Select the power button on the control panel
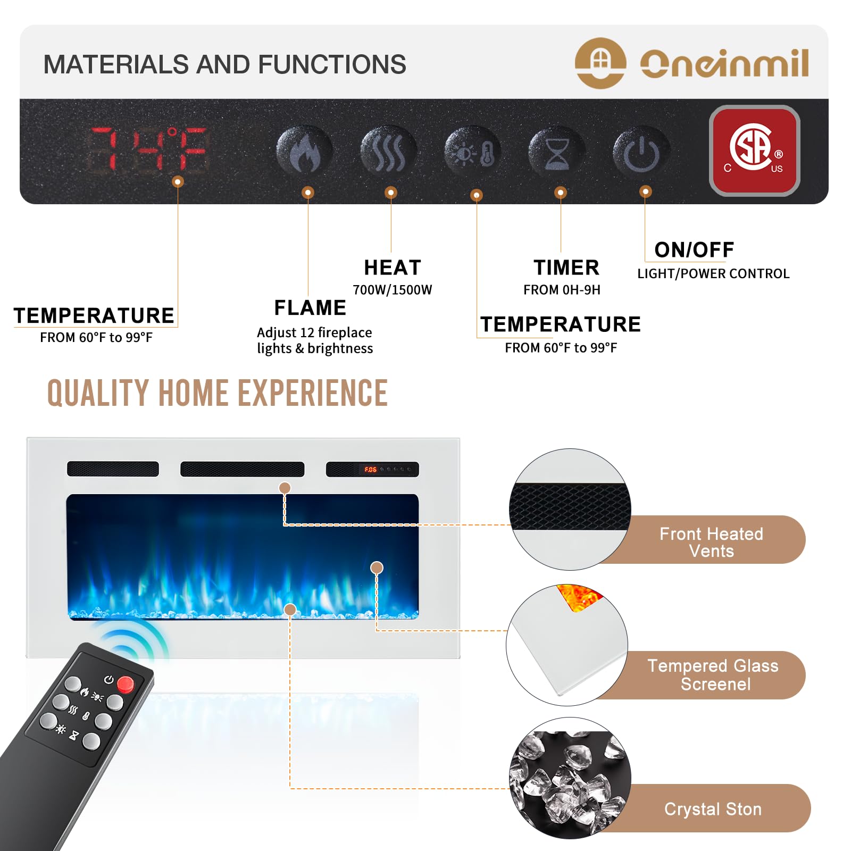[x=641, y=152]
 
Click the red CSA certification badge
[x=754, y=151]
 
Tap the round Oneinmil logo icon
[x=600, y=63]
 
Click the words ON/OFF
[x=694, y=249]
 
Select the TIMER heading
[x=566, y=268]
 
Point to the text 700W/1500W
[x=393, y=290]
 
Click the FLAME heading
[x=310, y=307]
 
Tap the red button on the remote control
[x=126, y=684]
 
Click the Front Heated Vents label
[x=712, y=542]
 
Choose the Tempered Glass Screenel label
[x=713, y=674]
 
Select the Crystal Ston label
[x=713, y=809]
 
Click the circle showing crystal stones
[x=570, y=778]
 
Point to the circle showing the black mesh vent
[x=570, y=509]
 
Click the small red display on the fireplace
[x=370, y=470]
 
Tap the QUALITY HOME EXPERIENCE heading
[x=218, y=393]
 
